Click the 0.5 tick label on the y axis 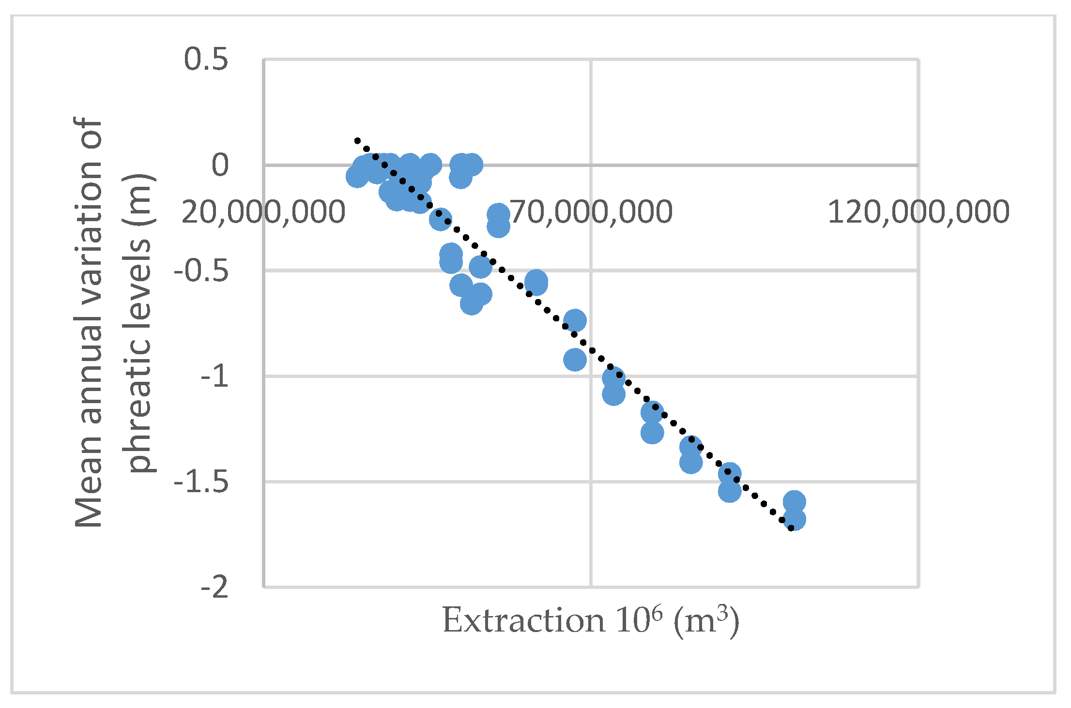[x=206, y=60]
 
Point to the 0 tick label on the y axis [x=220, y=166]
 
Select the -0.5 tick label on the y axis [x=201, y=271]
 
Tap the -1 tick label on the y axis [x=214, y=376]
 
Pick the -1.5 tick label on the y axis [x=201, y=482]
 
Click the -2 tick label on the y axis [x=214, y=587]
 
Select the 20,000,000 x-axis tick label [x=263, y=212]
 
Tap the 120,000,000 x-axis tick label [x=918, y=212]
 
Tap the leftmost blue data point [x=357, y=177]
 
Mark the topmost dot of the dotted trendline [x=357, y=141]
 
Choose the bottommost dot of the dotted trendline [x=791, y=528]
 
